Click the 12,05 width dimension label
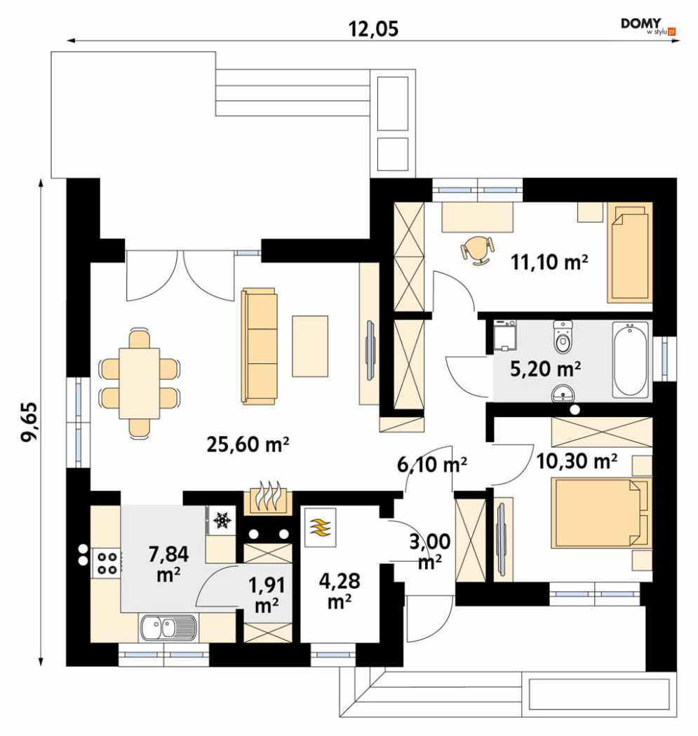(x=373, y=29)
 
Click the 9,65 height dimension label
(x=29, y=421)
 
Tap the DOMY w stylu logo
(x=648, y=27)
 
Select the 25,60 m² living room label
(x=248, y=444)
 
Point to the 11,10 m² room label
(x=549, y=262)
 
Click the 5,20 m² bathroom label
(x=545, y=369)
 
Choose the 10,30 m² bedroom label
(x=577, y=462)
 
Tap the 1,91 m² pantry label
(x=267, y=595)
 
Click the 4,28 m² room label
(x=339, y=590)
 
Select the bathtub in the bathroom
(x=630, y=360)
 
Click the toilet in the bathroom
(x=562, y=336)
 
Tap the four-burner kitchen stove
(x=107, y=564)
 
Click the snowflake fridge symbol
(x=221, y=520)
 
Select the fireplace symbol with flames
(x=269, y=498)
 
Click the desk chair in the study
(x=478, y=250)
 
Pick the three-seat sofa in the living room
(x=259, y=346)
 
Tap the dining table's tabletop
(x=140, y=383)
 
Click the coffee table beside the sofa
(x=310, y=346)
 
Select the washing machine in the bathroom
(x=504, y=336)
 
